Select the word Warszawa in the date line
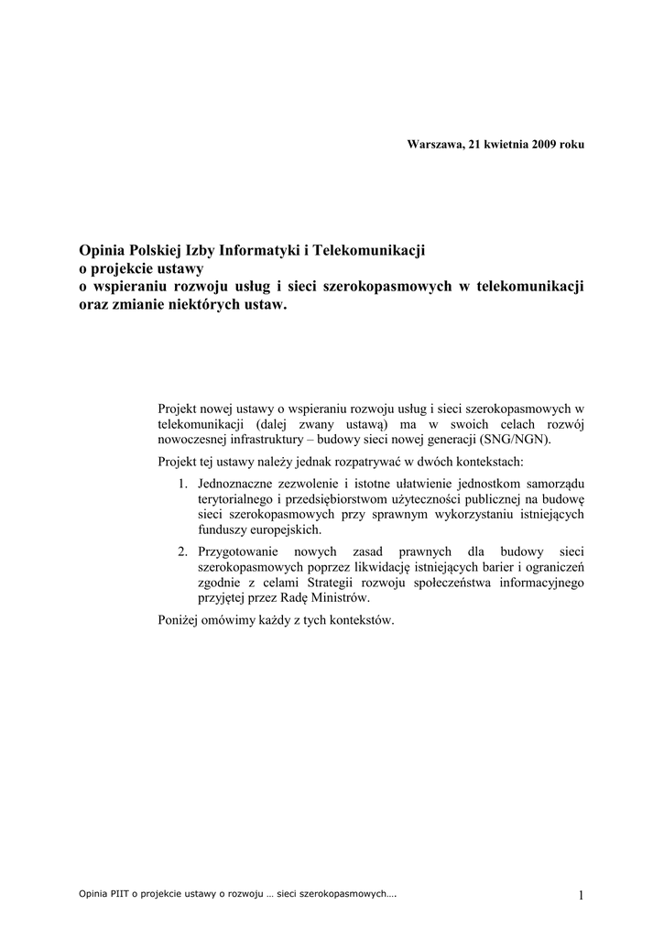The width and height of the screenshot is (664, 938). pos(435,145)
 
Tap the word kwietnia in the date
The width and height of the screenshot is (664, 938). pos(505,145)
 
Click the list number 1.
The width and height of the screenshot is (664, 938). pos(183,483)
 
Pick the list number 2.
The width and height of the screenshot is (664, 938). pos(183,551)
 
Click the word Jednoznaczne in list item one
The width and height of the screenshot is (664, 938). pos(237,483)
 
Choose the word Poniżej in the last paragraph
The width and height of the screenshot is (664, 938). pos(180,621)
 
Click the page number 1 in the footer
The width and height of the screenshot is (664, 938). pos(581,895)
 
